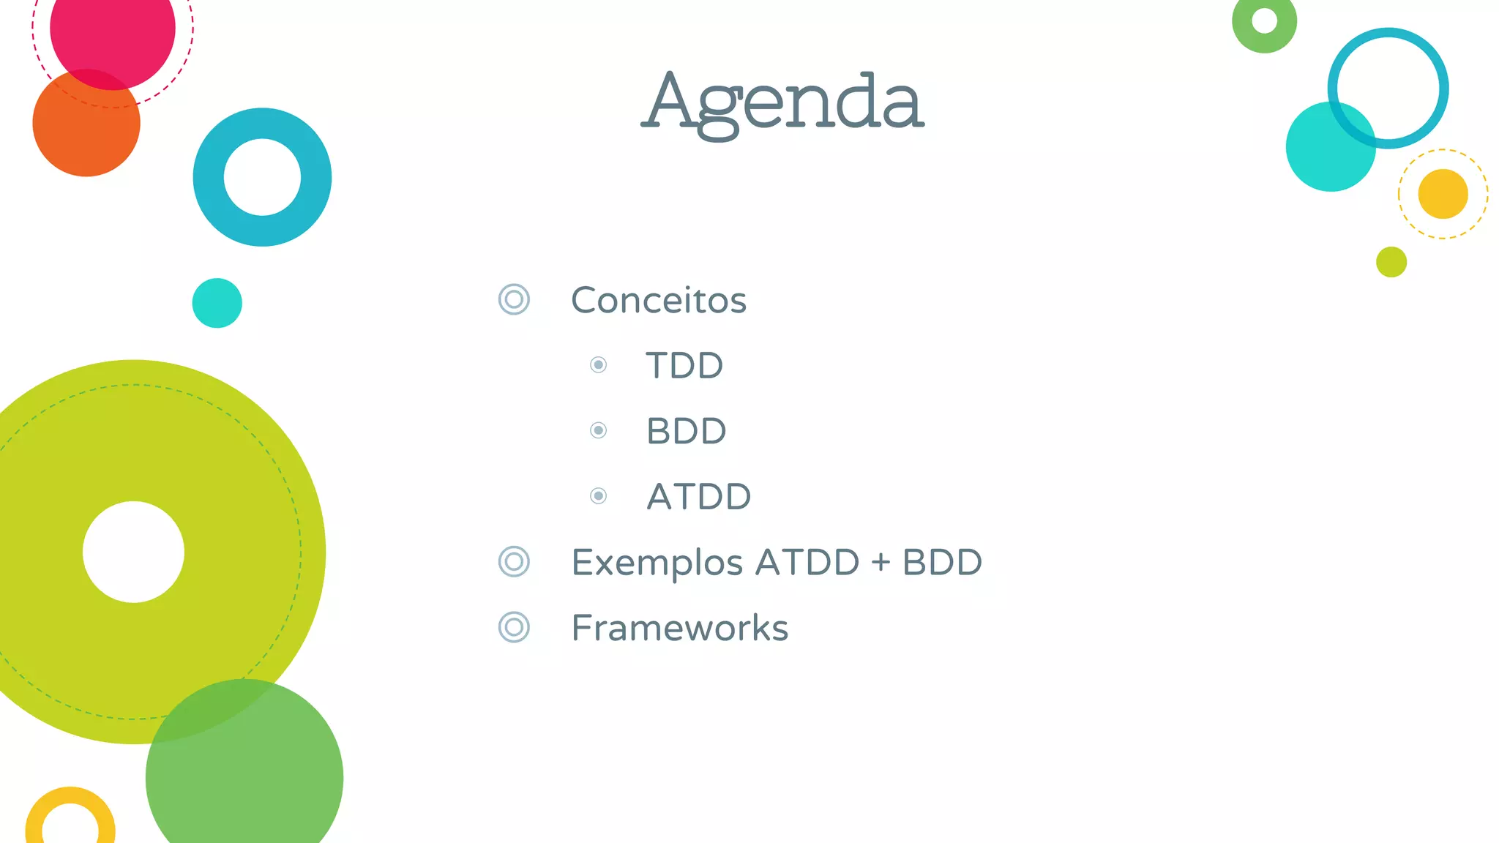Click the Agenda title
(782, 102)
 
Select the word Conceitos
(658, 300)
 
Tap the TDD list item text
(684, 365)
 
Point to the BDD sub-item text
(686, 431)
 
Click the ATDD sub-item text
(699, 496)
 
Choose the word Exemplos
(657, 563)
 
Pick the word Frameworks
(679, 628)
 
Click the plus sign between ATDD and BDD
(881, 563)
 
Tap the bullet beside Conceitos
(514, 299)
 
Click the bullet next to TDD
(598, 364)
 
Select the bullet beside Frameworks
(514, 627)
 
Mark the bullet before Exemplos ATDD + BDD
(514, 562)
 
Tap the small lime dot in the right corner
(1391, 262)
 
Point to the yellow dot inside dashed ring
(1443, 194)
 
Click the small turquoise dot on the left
(217, 303)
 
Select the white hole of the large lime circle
(133, 552)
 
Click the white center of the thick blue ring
(262, 177)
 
